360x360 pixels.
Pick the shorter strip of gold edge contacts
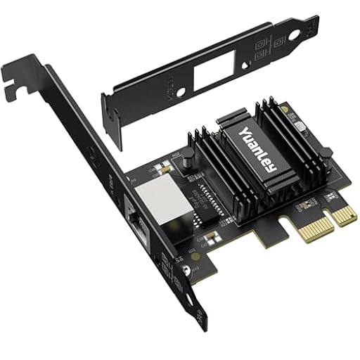pos(344,213)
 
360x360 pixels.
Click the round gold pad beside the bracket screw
pos(194,258)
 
